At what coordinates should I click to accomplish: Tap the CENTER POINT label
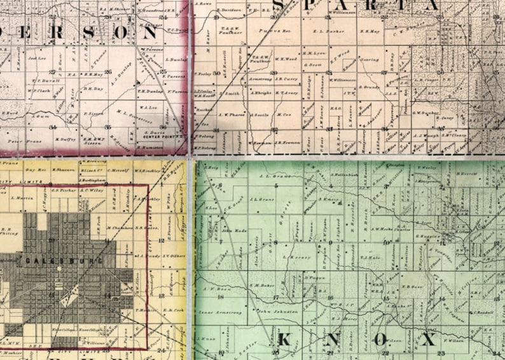pos(158,135)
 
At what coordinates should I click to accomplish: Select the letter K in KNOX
pos(285,339)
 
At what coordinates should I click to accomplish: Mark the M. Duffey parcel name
pos(65,139)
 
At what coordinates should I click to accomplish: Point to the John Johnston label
pos(273,312)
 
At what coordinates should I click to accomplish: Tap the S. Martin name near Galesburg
pos(24,200)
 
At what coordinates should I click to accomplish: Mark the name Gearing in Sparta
pos(369,59)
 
